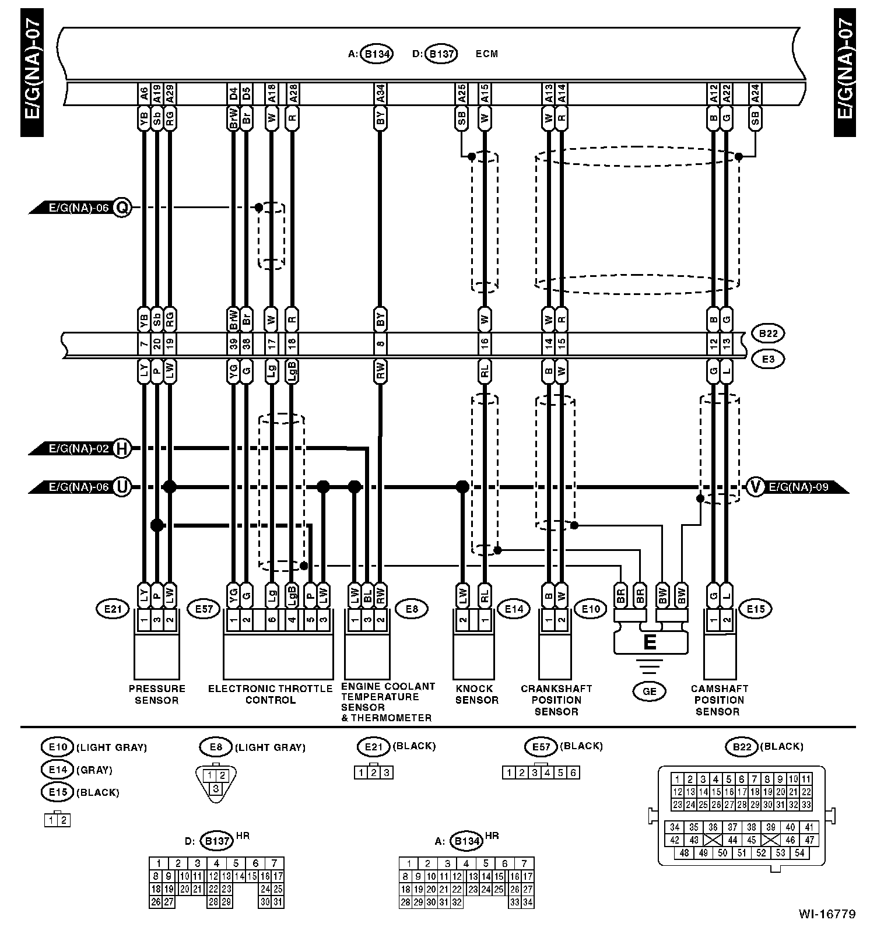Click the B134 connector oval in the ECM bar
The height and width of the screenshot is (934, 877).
[377, 54]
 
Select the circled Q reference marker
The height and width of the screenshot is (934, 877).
[122, 207]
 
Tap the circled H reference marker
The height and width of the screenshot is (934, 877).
[122, 448]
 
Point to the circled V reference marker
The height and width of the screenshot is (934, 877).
[755, 486]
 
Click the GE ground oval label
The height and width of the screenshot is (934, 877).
[649, 691]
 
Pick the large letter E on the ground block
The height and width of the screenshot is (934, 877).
[650, 642]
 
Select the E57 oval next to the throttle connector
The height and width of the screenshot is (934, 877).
[203, 609]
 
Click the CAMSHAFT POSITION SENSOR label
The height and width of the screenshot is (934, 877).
[719, 700]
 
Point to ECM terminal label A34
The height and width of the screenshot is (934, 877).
[380, 93]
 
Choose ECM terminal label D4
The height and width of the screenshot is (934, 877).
[233, 93]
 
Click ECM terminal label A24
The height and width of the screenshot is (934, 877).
[755, 93]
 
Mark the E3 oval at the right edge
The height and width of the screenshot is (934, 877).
[768, 359]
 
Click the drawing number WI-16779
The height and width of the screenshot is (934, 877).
[827, 914]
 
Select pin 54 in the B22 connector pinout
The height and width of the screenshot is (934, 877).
[799, 853]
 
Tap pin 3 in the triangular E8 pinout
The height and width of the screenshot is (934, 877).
[216, 788]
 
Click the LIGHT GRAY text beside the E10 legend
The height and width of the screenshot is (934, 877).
[111, 747]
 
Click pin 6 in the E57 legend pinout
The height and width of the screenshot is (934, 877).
[573, 773]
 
